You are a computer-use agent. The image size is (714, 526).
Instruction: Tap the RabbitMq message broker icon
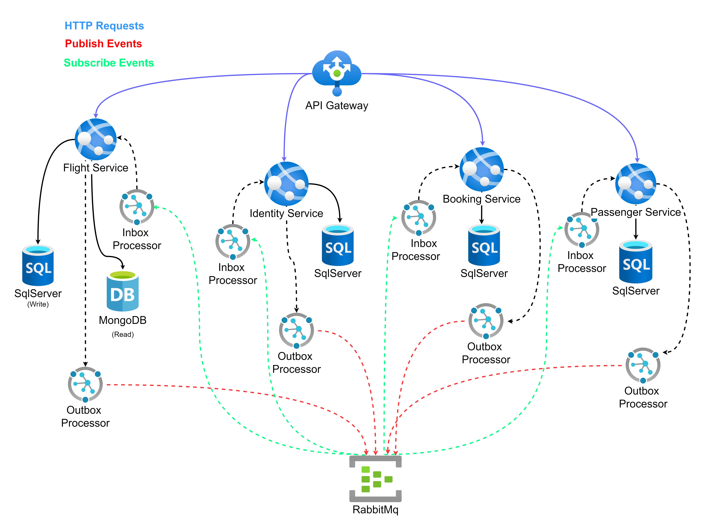pyautogui.click(x=375, y=479)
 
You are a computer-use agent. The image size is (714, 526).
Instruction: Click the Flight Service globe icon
pyautogui.click(x=95, y=139)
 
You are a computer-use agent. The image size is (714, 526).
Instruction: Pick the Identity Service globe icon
pyautogui.click(x=286, y=184)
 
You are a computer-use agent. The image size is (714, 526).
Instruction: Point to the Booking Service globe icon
pyautogui.click(x=482, y=169)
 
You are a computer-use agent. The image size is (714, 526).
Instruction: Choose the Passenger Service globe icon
pyautogui.click(x=636, y=184)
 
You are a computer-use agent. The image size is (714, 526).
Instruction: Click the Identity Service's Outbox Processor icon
pyautogui.click(x=296, y=330)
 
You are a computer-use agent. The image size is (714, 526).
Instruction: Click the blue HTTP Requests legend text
pyautogui.click(x=104, y=26)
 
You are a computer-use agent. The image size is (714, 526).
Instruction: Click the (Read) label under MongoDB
pyautogui.click(x=123, y=334)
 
